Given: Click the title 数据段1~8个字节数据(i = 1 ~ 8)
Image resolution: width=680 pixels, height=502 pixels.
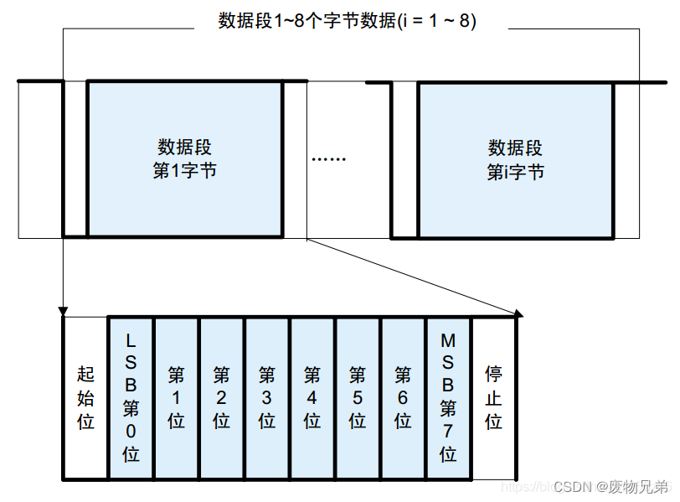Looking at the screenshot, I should (347, 21).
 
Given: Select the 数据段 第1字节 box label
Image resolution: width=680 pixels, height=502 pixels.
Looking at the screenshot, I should (184, 159).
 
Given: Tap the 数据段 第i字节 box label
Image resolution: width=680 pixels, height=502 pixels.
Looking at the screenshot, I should (515, 159).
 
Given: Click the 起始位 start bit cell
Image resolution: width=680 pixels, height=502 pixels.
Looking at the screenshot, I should (85, 397).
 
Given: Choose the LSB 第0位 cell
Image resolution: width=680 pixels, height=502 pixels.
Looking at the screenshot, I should (131, 397).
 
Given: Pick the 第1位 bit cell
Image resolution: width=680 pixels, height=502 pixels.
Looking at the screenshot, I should (176, 397).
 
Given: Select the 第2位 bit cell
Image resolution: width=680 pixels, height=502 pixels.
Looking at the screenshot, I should (221, 397).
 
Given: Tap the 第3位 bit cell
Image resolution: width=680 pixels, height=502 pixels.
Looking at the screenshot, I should (267, 397).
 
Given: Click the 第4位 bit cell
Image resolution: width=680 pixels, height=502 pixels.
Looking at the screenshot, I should (312, 397).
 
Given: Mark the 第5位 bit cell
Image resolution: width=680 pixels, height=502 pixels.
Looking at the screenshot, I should (358, 397).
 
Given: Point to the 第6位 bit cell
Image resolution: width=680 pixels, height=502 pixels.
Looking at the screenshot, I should (403, 397).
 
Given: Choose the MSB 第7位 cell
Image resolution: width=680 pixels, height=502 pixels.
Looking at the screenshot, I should (448, 397).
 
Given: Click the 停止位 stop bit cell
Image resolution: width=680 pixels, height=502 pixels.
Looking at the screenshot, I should (494, 397).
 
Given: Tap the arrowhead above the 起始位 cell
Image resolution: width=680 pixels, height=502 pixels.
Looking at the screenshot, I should (63, 312).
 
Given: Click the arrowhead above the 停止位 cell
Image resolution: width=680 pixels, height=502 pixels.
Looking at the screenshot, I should (518, 314).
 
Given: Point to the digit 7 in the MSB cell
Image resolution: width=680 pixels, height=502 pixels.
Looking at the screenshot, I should (448, 432).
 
